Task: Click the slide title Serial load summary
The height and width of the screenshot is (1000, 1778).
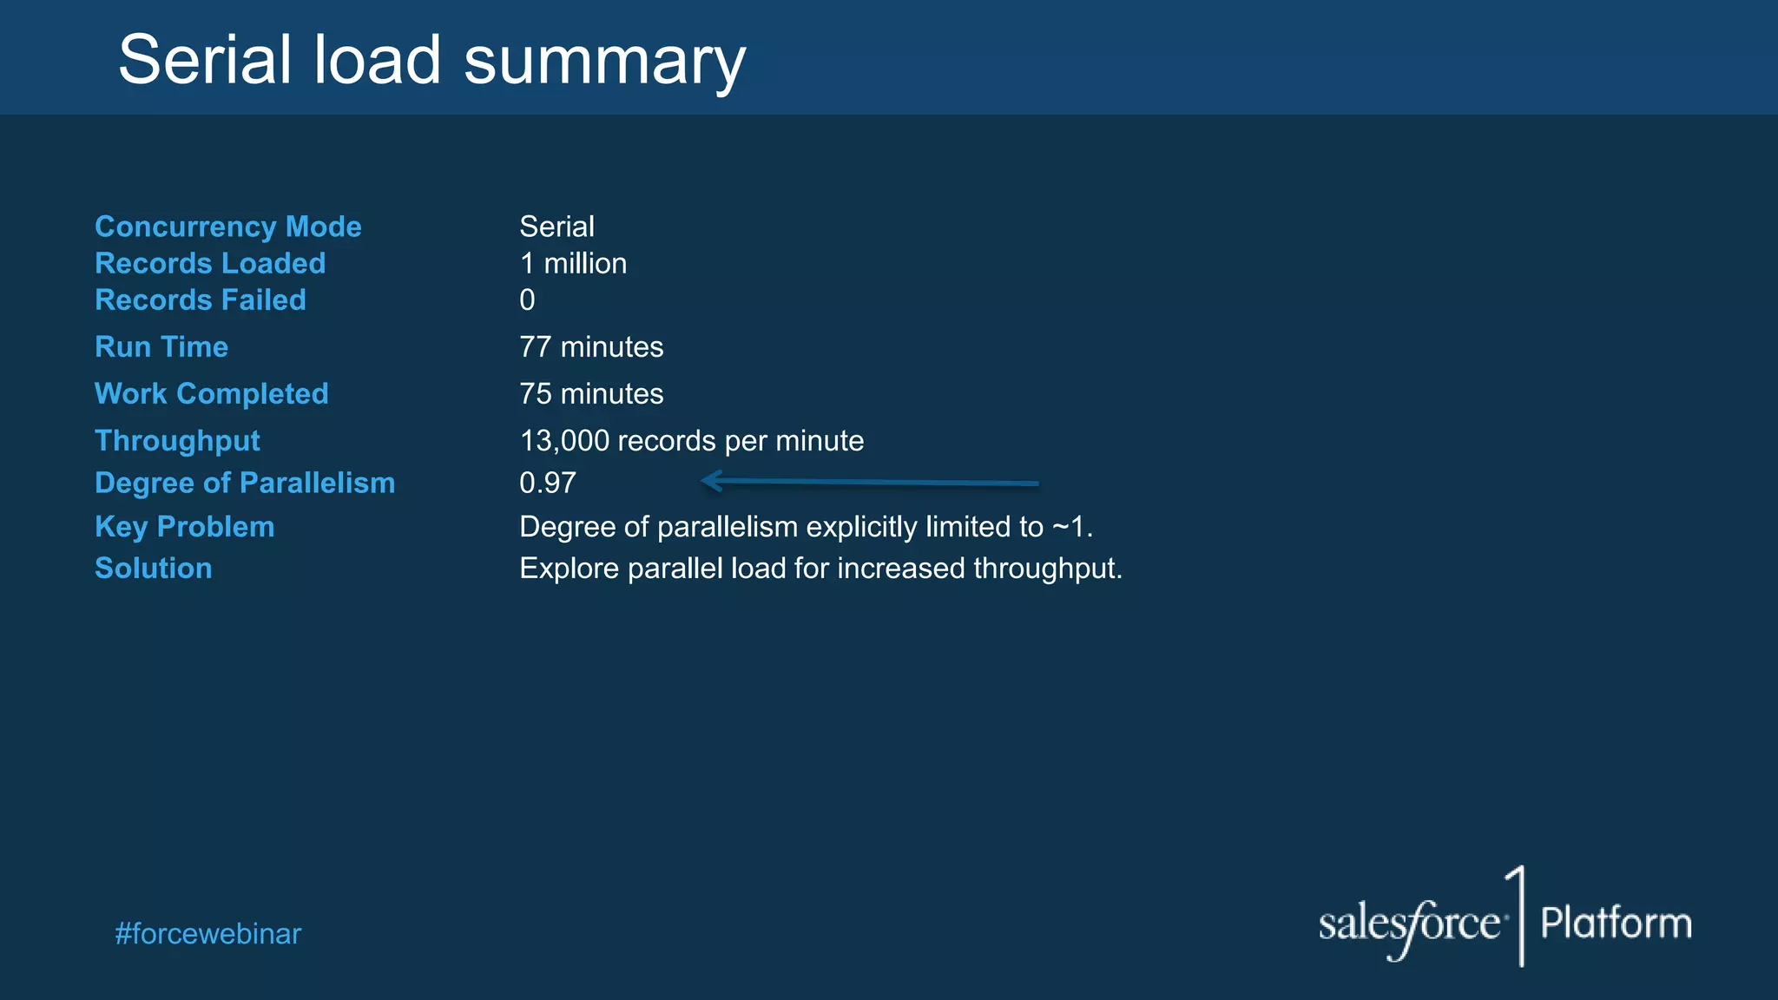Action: coord(431,61)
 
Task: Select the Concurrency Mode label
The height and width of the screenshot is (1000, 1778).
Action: coord(227,227)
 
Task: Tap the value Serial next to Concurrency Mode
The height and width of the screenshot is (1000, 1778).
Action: coord(556,227)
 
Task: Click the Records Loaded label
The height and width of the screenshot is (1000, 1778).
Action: coord(210,263)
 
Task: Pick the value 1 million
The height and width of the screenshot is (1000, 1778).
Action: coord(573,263)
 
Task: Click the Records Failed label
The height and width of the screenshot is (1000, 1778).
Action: coord(201,299)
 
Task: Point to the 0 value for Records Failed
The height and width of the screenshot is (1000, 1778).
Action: coord(527,300)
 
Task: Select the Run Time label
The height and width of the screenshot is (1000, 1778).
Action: coord(161,346)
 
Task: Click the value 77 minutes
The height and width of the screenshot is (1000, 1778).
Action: coord(591,346)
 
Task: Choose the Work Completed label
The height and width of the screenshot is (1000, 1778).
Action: coord(212,393)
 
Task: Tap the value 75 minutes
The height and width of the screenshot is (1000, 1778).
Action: coord(591,393)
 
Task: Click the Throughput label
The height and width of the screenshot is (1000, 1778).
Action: coord(177,440)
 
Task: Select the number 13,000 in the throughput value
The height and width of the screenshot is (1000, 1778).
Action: coord(564,441)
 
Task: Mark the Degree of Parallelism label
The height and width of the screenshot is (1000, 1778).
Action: coord(245,483)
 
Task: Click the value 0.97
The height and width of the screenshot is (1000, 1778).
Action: coord(548,483)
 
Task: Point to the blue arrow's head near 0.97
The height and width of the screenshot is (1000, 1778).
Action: coord(710,481)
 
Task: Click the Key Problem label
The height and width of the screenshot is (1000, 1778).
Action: coord(185,526)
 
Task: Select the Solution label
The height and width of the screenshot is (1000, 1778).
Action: coord(154,568)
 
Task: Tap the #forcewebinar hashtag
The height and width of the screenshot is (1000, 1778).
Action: coord(208,934)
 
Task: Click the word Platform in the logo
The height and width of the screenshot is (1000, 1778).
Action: coord(1616,923)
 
